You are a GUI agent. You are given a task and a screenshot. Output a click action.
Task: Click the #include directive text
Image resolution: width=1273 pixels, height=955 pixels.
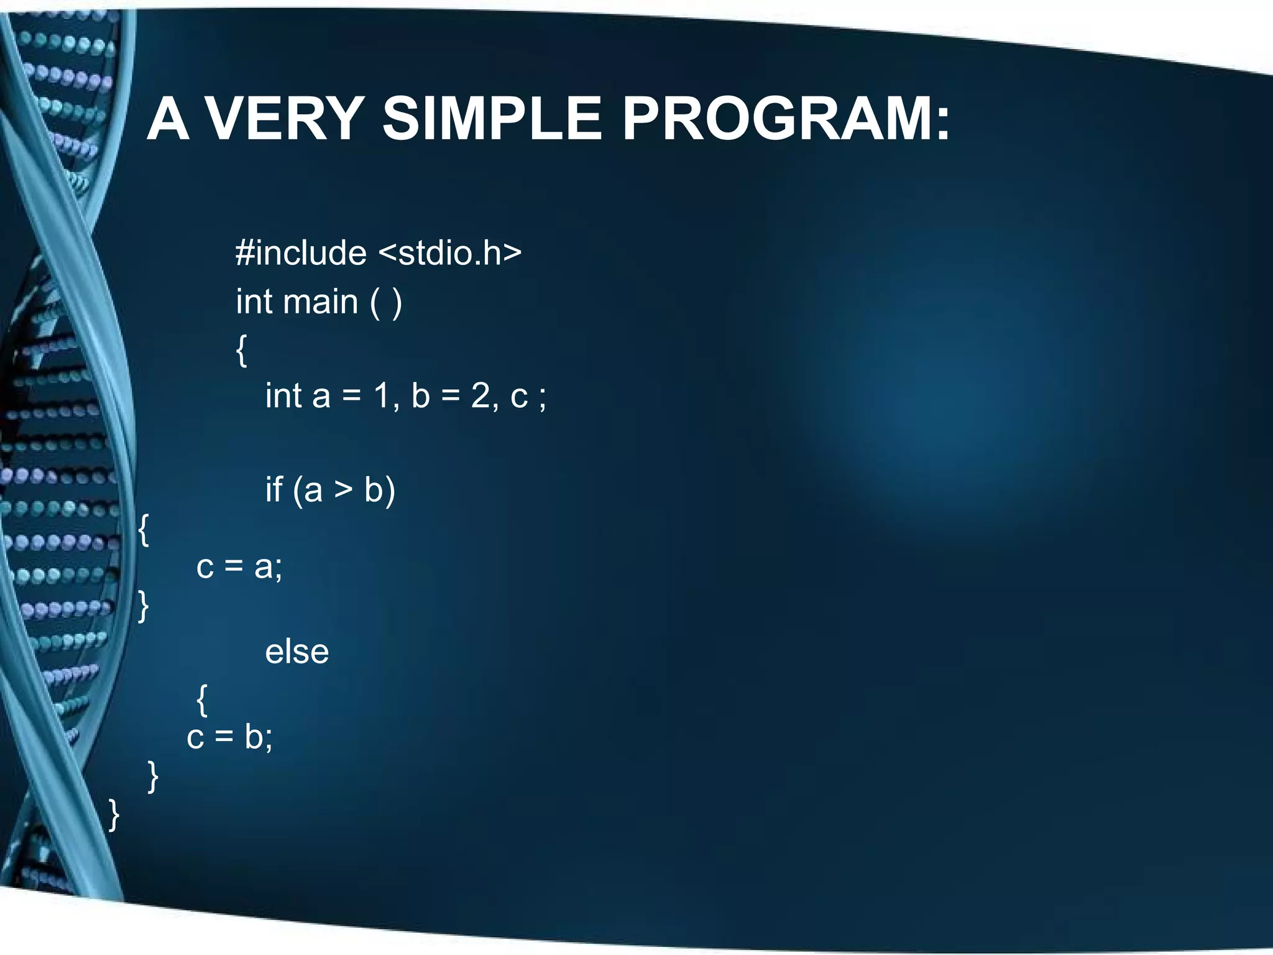click(301, 253)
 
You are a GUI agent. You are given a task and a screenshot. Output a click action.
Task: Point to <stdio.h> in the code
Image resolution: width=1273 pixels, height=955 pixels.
click(450, 253)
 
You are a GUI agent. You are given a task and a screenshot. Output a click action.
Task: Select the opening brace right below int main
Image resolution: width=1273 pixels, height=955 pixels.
click(242, 350)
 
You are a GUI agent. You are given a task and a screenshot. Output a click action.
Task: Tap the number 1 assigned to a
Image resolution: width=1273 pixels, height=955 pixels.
click(381, 395)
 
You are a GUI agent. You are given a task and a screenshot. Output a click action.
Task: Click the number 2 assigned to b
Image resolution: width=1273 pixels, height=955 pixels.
click(480, 395)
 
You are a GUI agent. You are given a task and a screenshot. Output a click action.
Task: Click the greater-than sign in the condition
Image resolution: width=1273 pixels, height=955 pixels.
click(343, 490)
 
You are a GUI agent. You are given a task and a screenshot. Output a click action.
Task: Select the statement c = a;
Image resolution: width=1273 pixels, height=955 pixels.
click(239, 566)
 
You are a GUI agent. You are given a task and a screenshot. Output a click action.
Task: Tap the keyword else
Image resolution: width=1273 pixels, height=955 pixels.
click(296, 652)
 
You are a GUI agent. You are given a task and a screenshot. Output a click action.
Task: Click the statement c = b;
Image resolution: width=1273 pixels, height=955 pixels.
click(229, 737)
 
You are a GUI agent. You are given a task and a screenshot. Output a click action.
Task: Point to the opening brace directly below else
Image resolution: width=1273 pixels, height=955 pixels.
click(201, 699)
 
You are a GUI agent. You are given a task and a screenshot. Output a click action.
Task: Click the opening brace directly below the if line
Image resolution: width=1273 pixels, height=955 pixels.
click(144, 530)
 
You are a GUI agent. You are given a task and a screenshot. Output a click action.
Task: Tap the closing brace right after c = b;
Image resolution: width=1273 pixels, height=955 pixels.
click(153, 777)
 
